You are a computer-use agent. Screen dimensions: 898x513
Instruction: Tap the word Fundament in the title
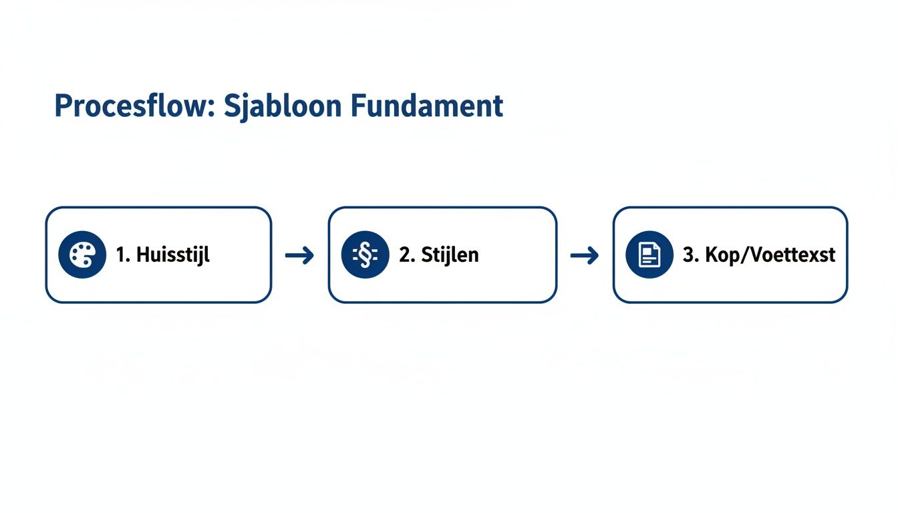(427, 106)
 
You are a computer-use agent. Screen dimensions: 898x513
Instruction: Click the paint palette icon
(82, 254)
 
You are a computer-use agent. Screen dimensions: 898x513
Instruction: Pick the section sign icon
(365, 254)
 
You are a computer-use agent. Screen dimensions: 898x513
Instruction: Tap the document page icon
(649, 254)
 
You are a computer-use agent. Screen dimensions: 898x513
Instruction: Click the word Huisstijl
(173, 255)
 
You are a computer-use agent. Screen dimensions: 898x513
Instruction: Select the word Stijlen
(450, 255)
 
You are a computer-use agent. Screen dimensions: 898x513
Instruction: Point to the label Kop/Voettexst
(770, 255)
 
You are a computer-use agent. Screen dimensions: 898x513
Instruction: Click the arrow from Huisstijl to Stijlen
(299, 255)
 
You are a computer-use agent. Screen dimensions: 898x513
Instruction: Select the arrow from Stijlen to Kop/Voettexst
(585, 255)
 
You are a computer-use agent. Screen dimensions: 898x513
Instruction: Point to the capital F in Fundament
(358, 106)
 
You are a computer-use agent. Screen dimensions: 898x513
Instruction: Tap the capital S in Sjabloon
(231, 106)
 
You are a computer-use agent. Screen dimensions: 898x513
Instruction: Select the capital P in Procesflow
(62, 106)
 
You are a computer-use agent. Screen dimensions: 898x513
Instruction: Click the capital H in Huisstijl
(143, 254)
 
